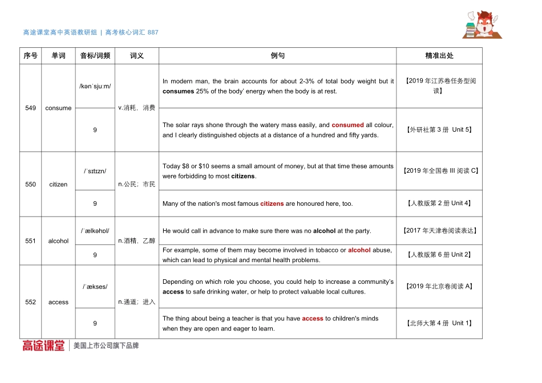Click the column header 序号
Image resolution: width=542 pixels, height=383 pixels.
(x=31, y=56)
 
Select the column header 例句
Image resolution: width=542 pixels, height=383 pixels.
(x=278, y=56)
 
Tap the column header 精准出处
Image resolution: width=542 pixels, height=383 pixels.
(x=439, y=56)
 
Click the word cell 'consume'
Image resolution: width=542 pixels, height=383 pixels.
(x=58, y=108)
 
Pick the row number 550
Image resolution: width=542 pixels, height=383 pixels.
(x=31, y=185)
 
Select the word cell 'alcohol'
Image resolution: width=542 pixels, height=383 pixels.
(x=58, y=241)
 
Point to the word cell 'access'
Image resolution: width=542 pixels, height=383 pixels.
(x=58, y=303)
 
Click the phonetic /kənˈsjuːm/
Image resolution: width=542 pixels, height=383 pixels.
(x=95, y=87)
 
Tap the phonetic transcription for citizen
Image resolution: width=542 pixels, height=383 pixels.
(x=95, y=171)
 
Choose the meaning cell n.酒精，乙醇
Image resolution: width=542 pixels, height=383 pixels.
(x=136, y=241)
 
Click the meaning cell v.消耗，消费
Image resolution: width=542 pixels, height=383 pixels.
(x=136, y=108)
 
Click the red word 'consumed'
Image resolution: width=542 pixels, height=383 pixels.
(x=347, y=125)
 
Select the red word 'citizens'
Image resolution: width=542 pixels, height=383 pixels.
(x=272, y=203)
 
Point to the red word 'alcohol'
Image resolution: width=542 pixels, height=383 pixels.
(x=359, y=250)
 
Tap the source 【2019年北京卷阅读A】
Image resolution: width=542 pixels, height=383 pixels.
(x=439, y=287)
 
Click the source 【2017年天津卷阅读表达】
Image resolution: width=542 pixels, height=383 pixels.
(x=439, y=231)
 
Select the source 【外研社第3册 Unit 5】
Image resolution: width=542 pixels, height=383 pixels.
(x=439, y=130)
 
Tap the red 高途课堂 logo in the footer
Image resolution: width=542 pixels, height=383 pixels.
(x=43, y=345)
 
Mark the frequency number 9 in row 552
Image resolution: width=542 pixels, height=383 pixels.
(x=95, y=324)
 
